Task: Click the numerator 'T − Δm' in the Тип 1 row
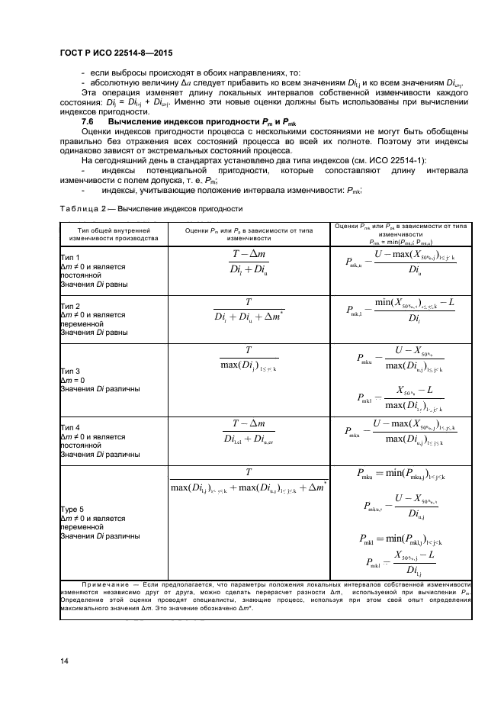pos(249,255)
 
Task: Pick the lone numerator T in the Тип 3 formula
pos(249,350)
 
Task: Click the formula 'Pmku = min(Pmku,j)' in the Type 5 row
pos(401,473)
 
